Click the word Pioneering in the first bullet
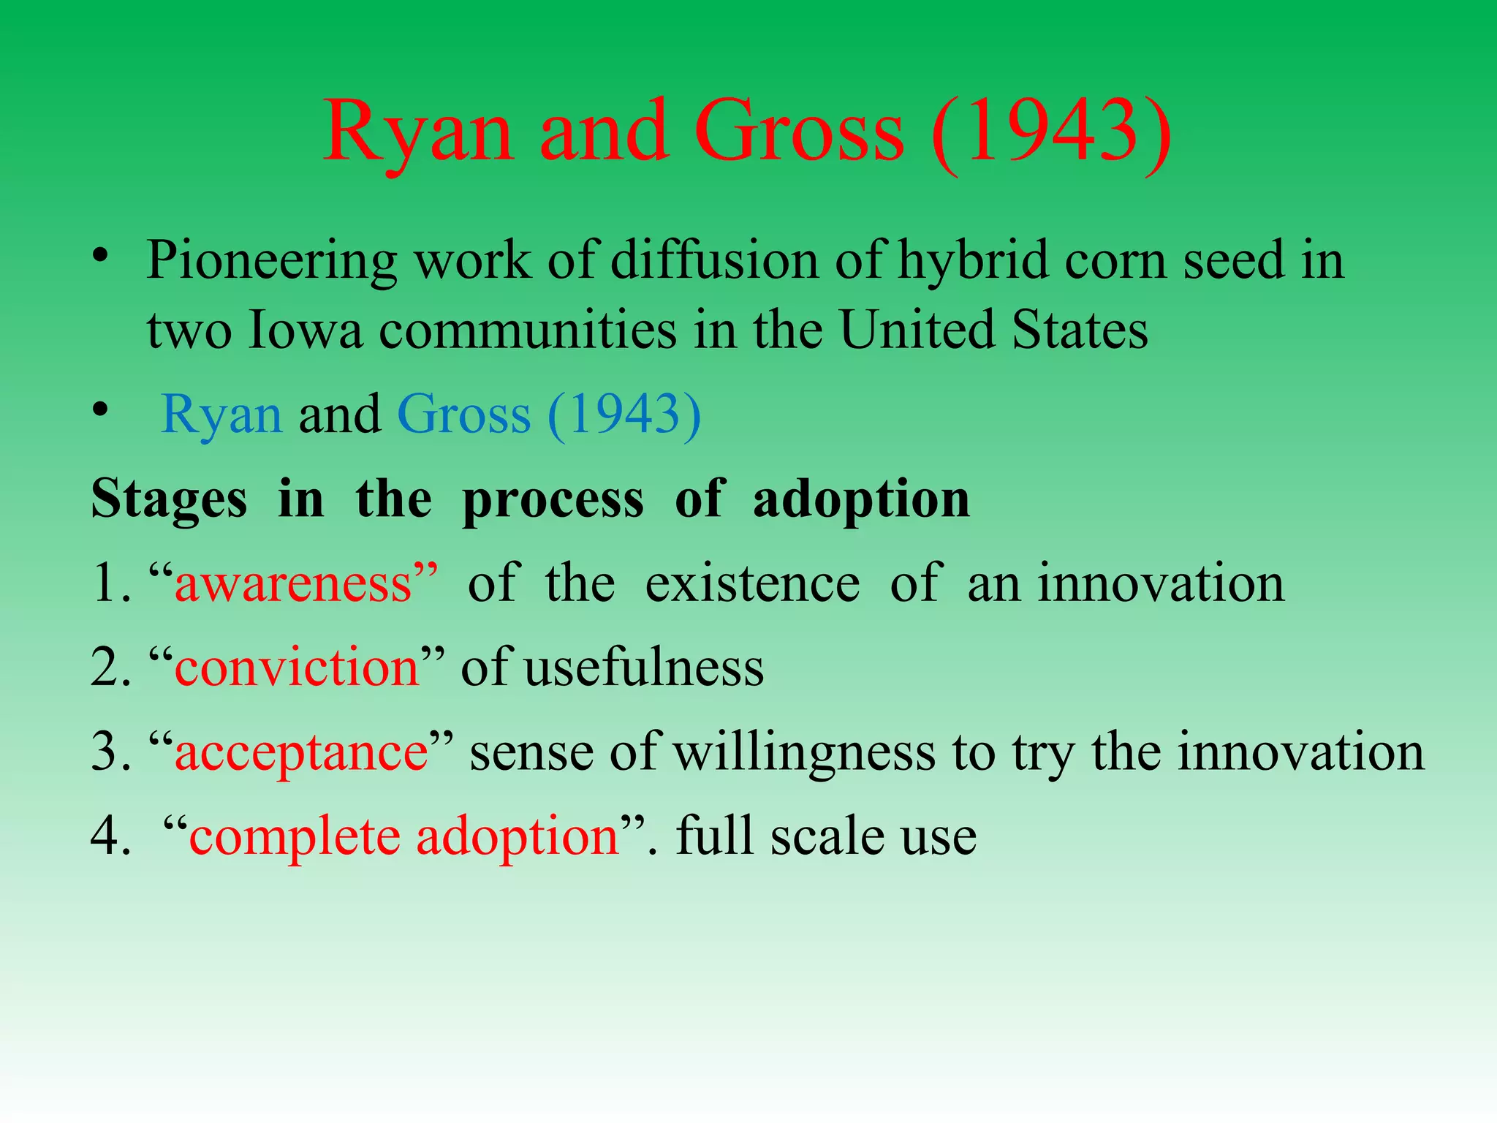pyautogui.click(x=271, y=261)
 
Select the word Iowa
pyautogui.click(x=305, y=330)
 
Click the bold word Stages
pyautogui.click(x=169, y=500)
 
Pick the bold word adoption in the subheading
pyautogui.click(x=860, y=500)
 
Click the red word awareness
pyautogui.click(x=293, y=584)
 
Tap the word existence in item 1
pyautogui.click(x=752, y=584)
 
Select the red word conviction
pyautogui.click(x=297, y=668)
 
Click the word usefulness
pyautogui.click(x=644, y=668)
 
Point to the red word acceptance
pyautogui.click(x=301, y=753)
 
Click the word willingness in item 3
pyautogui.click(x=804, y=753)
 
